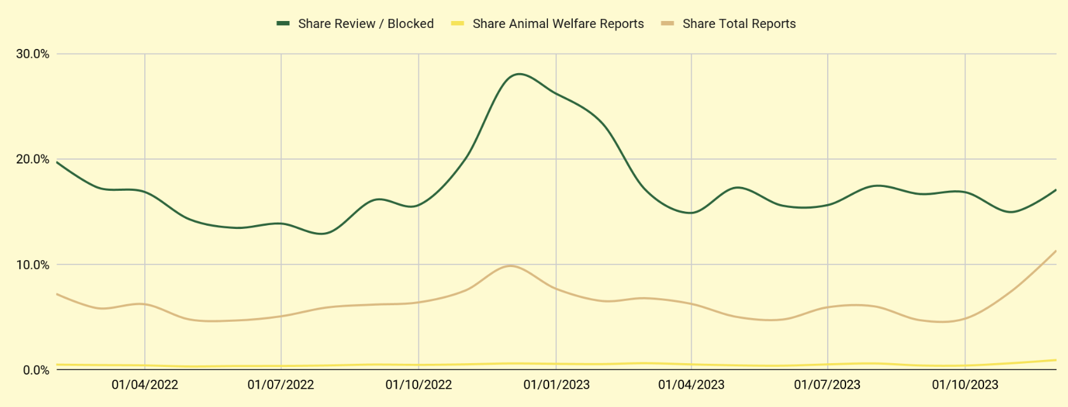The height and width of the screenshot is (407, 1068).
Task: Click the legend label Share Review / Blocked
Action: coord(366,24)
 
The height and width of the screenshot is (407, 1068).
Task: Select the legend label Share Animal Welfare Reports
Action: coord(558,24)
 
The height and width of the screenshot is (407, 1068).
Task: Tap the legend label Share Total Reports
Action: coord(739,24)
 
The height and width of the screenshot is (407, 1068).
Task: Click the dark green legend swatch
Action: coord(283,24)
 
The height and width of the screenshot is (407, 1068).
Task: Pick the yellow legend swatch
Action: coord(457,24)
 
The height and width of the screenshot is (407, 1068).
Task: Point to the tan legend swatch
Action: coord(667,24)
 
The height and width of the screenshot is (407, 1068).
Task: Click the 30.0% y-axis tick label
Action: coord(32,54)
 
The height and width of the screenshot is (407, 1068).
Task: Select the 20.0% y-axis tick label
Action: coord(32,160)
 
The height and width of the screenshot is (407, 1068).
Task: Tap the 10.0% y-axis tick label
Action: coord(32,265)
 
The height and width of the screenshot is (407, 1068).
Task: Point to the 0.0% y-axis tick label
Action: coord(36,370)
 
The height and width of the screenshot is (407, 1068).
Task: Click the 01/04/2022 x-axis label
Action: coord(145,385)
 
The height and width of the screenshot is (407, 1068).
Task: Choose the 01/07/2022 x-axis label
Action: coord(281,385)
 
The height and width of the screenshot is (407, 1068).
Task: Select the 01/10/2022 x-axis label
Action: coord(418,385)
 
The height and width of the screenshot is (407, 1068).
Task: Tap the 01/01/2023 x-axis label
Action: coord(556,385)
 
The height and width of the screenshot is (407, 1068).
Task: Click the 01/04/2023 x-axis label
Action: coord(691,385)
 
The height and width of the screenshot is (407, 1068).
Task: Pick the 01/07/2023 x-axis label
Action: coord(827,385)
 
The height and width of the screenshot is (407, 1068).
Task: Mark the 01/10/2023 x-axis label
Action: coord(965,385)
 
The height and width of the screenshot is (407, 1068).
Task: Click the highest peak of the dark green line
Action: coord(519,74)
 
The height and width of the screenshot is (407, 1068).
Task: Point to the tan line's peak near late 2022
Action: coord(511,266)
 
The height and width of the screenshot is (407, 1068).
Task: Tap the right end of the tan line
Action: coord(1056,251)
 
